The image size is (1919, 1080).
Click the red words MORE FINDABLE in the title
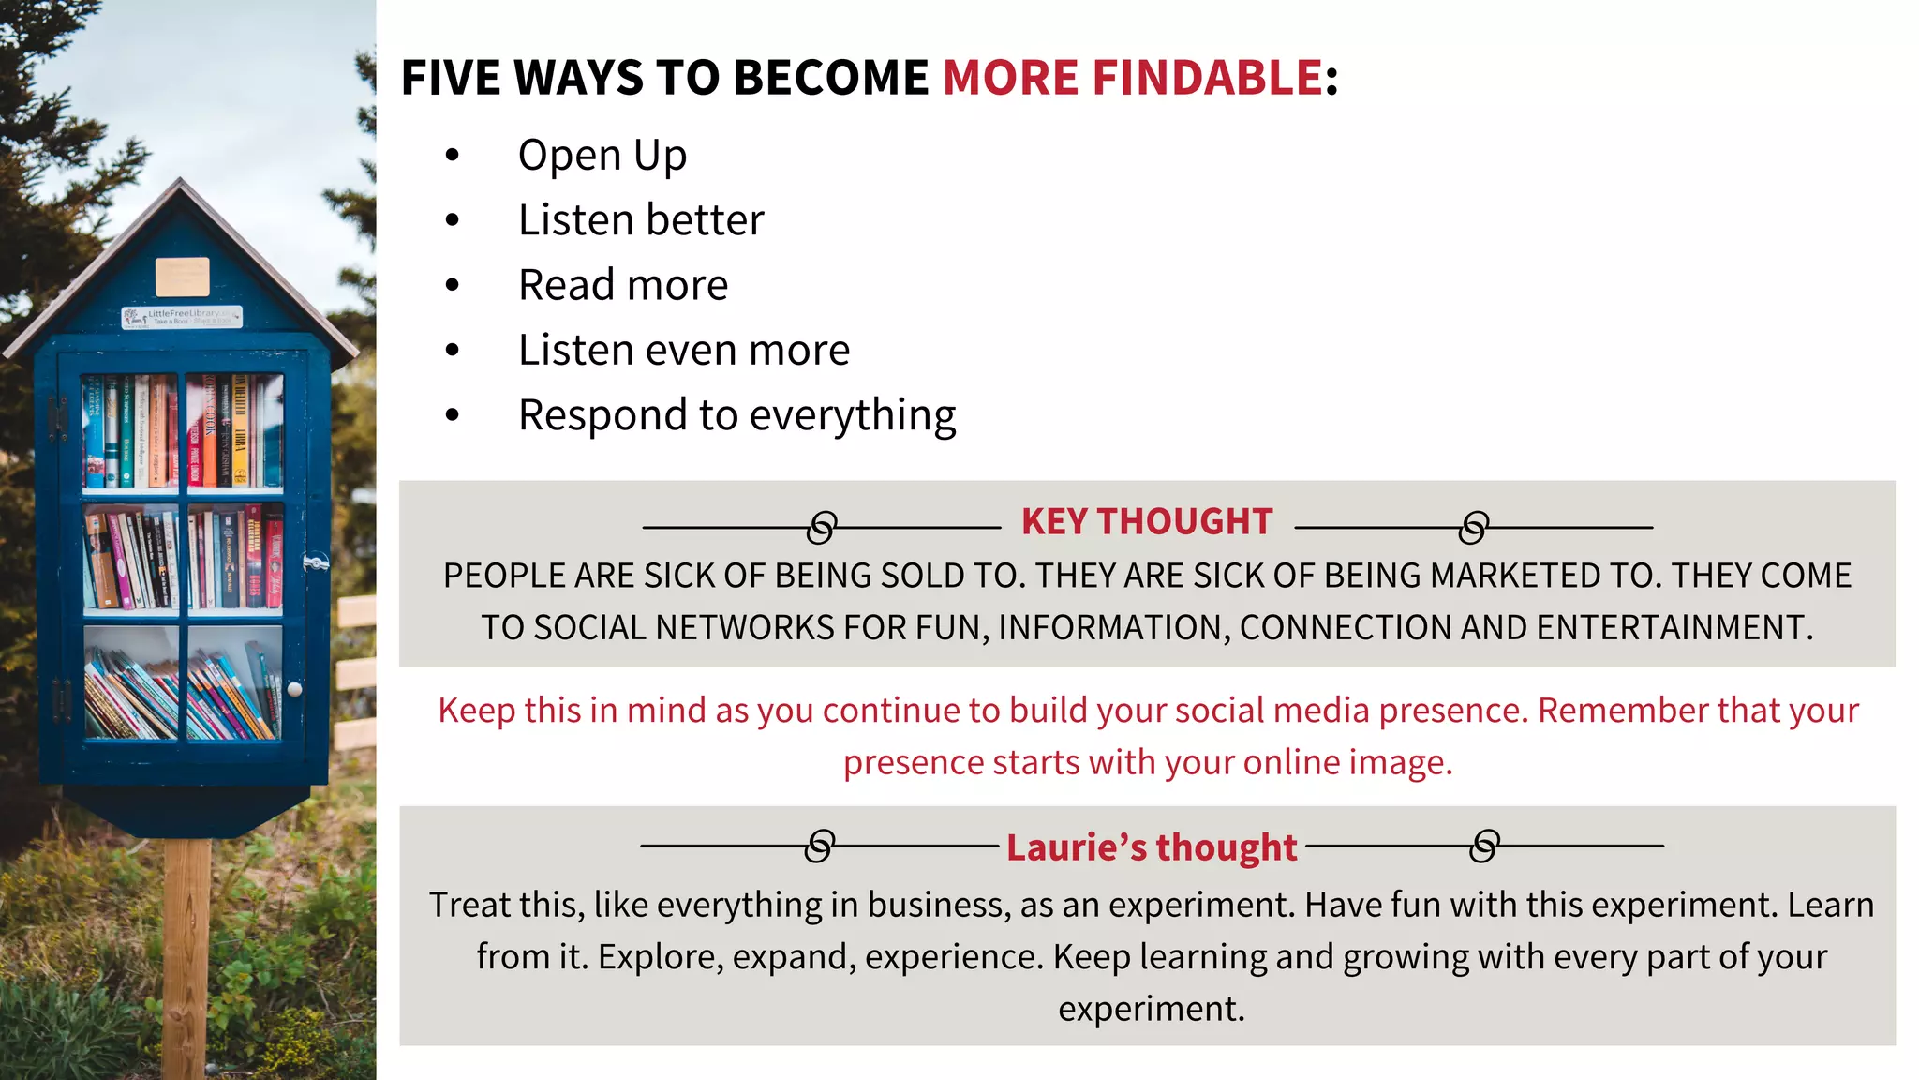click(1132, 77)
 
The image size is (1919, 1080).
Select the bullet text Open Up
click(602, 156)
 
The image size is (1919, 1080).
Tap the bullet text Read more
click(623, 285)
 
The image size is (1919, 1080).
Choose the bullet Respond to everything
click(736, 415)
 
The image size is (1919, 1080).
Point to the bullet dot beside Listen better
click(453, 220)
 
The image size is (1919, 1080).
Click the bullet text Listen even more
click(684, 351)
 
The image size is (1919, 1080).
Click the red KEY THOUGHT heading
click(1147, 522)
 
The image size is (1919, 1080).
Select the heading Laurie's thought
click(1152, 847)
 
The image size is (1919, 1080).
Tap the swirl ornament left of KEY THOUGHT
click(822, 528)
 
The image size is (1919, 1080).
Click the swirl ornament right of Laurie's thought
click(1484, 846)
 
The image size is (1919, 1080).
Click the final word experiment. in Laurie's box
click(1152, 1010)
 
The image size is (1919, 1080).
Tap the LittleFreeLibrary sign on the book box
click(183, 317)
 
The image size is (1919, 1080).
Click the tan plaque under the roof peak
click(183, 277)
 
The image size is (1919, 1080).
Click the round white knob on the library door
click(294, 689)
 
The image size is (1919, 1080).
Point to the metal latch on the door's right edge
click(316, 562)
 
